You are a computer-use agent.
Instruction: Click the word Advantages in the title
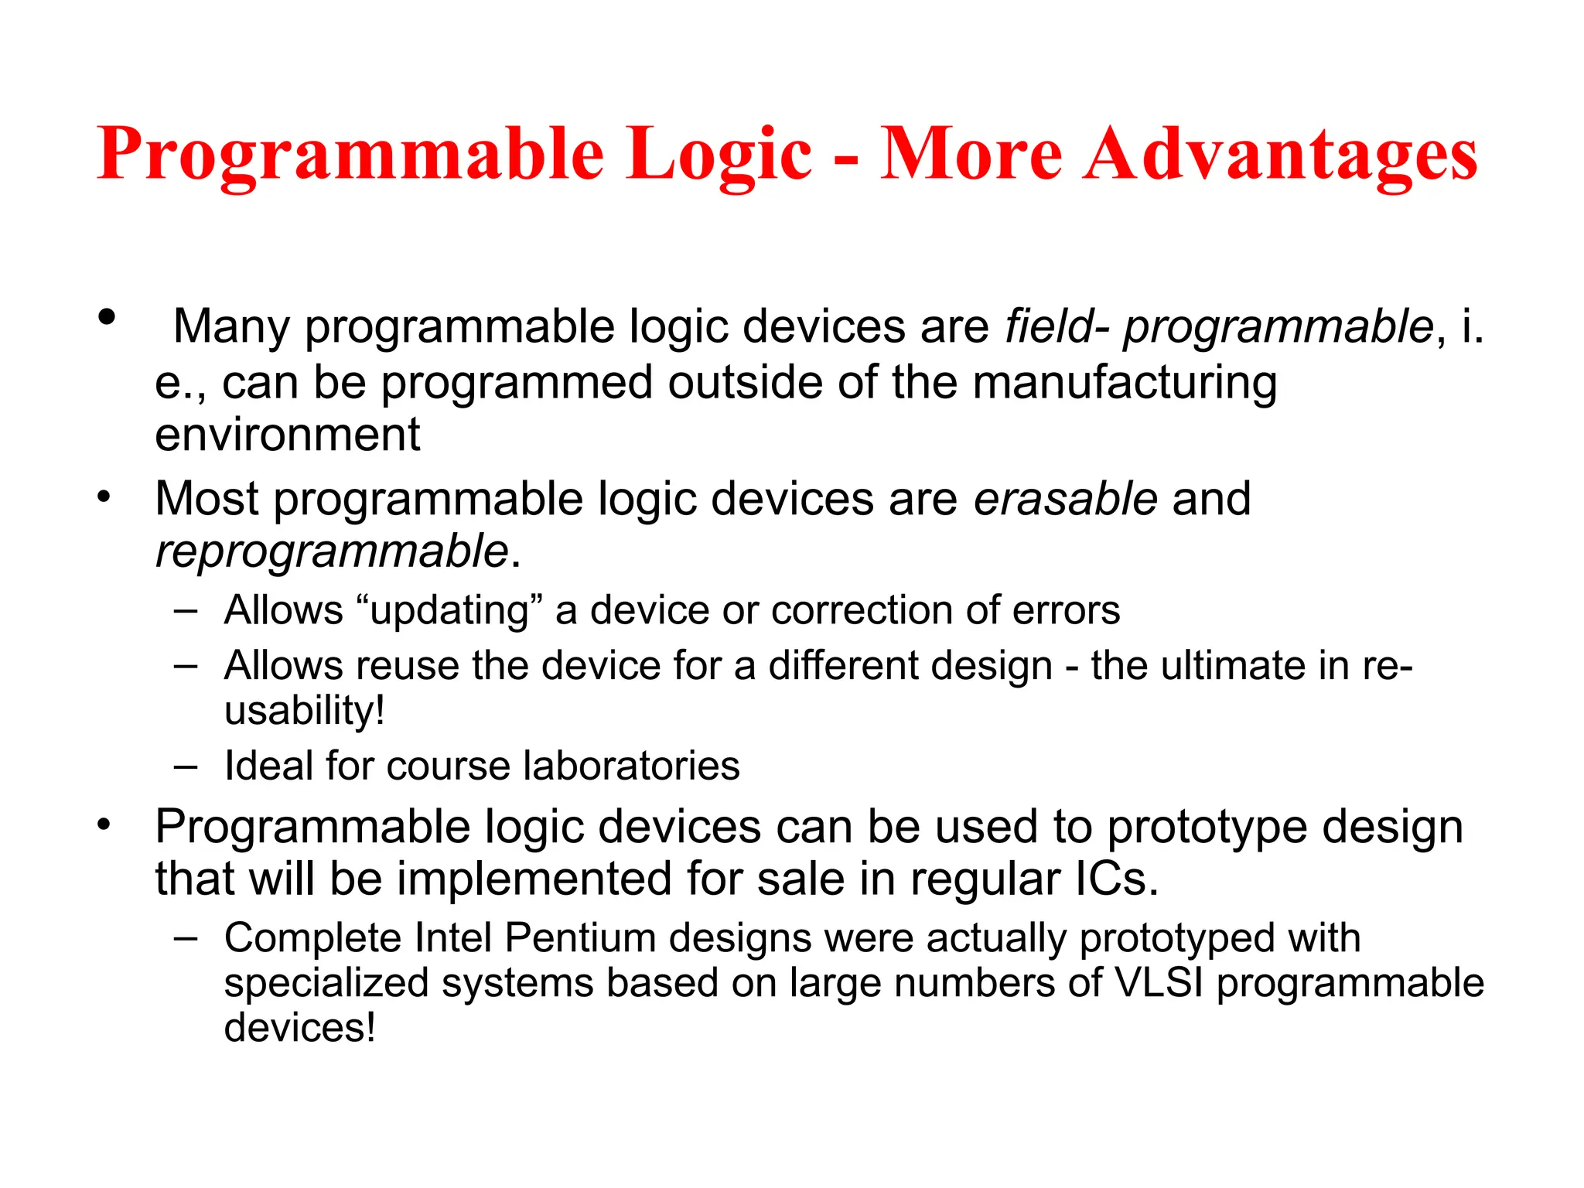pyautogui.click(x=1280, y=155)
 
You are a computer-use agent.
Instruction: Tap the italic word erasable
pyautogui.click(x=1065, y=498)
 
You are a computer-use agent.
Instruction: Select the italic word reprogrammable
pyautogui.click(x=332, y=552)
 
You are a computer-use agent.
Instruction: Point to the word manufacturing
pyautogui.click(x=1124, y=384)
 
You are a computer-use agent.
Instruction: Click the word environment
pyautogui.click(x=287, y=435)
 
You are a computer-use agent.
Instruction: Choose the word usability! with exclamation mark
pyautogui.click(x=304, y=711)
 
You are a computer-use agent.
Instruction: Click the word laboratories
pyautogui.click(x=631, y=766)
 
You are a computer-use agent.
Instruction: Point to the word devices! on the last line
pyautogui.click(x=299, y=1028)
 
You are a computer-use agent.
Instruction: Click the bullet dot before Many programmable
pyautogui.click(x=107, y=316)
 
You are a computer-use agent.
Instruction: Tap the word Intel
pyautogui.click(x=453, y=938)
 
